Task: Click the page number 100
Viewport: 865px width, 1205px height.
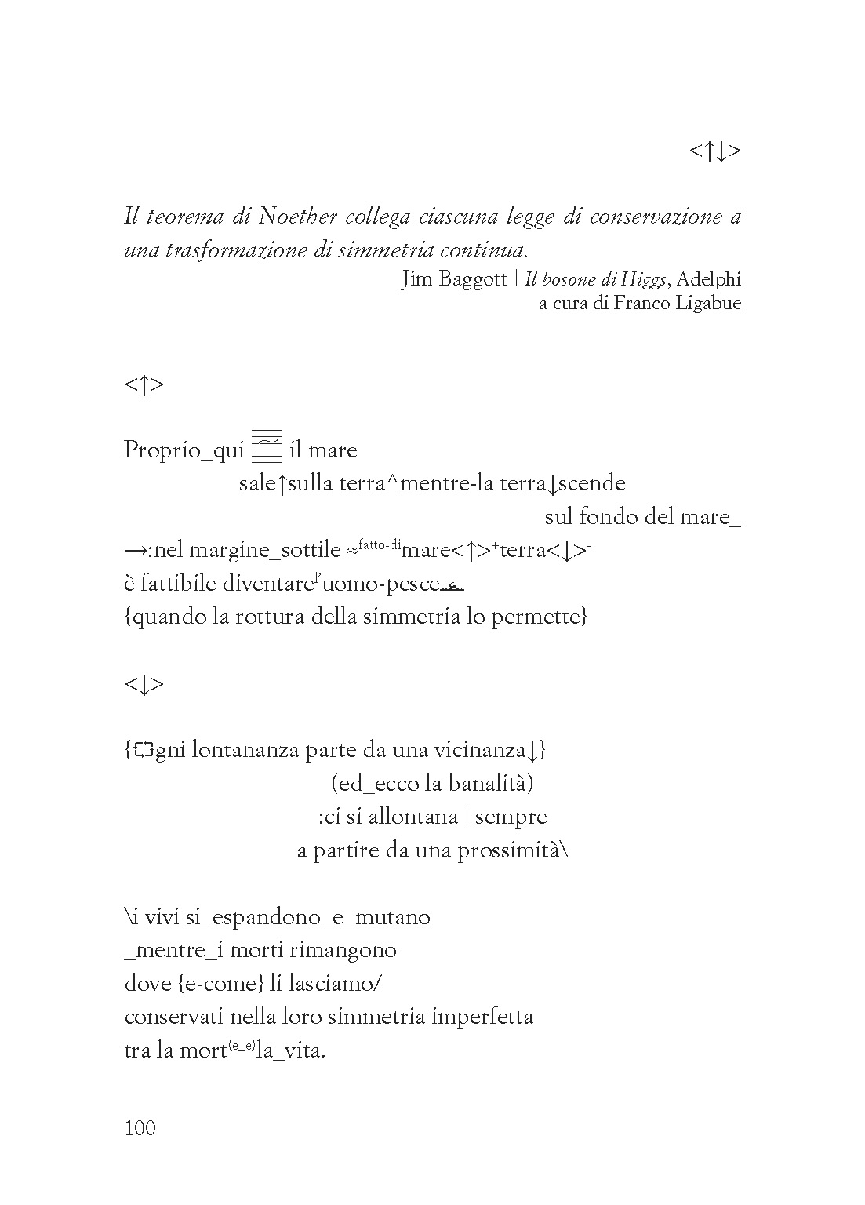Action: (x=140, y=1128)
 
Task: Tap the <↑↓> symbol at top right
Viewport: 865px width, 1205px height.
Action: (x=714, y=151)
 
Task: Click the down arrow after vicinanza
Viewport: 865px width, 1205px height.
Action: (x=532, y=751)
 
